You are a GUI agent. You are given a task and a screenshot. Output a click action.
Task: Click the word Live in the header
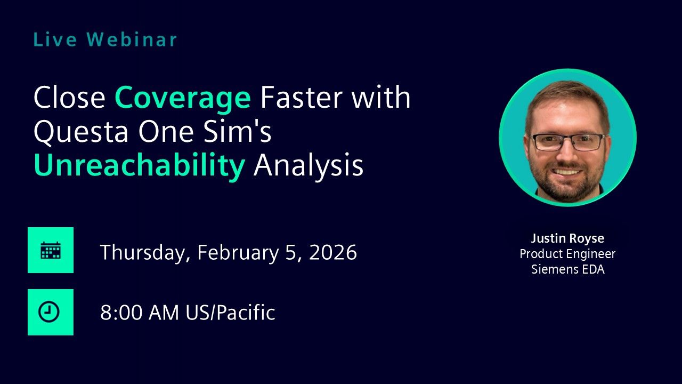click(55, 39)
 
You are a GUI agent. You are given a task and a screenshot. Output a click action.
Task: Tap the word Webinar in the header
click(132, 39)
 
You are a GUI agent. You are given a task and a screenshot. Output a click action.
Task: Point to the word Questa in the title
click(80, 132)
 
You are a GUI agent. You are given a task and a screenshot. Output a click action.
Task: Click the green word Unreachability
click(140, 165)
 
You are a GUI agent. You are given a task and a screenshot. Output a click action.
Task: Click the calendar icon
click(51, 250)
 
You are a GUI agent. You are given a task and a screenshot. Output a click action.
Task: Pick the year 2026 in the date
click(333, 252)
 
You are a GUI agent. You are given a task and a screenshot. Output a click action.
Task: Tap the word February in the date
click(238, 253)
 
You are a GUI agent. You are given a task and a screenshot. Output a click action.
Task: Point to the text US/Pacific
click(231, 313)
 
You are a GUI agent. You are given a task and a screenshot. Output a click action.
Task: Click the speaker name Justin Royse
click(567, 238)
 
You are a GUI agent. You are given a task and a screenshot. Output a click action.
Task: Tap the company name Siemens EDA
click(568, 269)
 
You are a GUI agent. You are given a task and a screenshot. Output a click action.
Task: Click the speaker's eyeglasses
click(568, 142)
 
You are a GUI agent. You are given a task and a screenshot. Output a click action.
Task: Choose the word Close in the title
click(69, 97)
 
